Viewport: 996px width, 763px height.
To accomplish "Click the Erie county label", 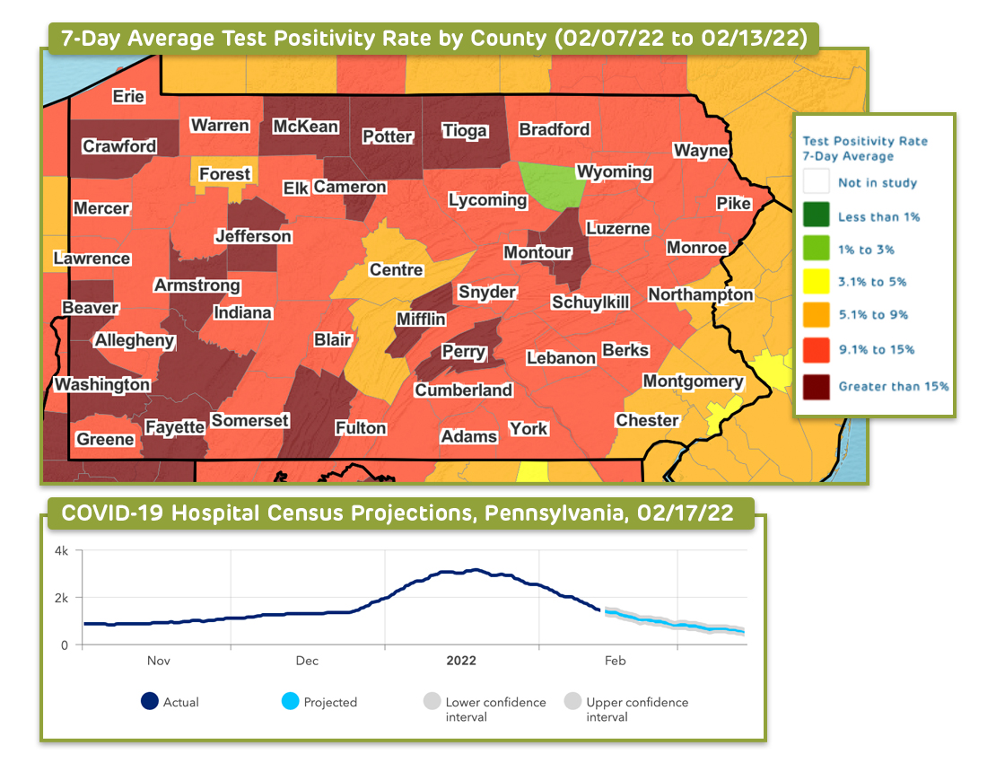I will (x=128, y=97).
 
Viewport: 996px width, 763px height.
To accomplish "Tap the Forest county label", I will (x=224, y=174).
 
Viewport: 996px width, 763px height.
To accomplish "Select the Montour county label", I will (x=537, y=253).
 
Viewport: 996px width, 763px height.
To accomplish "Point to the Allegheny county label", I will (x=135, y=341).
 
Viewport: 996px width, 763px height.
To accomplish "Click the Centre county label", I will (x=396, y=269).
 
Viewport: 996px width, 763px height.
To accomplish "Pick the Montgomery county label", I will (x=693, y=381).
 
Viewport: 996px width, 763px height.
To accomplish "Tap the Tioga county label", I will (x=465, y=131).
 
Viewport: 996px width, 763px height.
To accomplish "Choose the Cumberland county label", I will (x=463, y=390).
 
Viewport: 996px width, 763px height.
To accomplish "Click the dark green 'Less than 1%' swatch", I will (x=815, y=216).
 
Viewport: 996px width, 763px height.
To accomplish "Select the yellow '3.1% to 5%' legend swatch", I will (x=815, y=282).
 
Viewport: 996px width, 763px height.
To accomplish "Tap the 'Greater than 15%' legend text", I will (x=893, y=387).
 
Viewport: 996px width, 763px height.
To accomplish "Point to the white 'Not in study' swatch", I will (x=815, y=182).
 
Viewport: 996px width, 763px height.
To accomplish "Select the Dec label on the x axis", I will (x=307, y=661).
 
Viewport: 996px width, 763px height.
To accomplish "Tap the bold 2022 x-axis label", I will (x=461, y=661).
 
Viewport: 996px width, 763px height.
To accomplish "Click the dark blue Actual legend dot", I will (x=150, y=702).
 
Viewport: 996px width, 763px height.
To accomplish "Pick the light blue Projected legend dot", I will (x=290, y=702).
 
